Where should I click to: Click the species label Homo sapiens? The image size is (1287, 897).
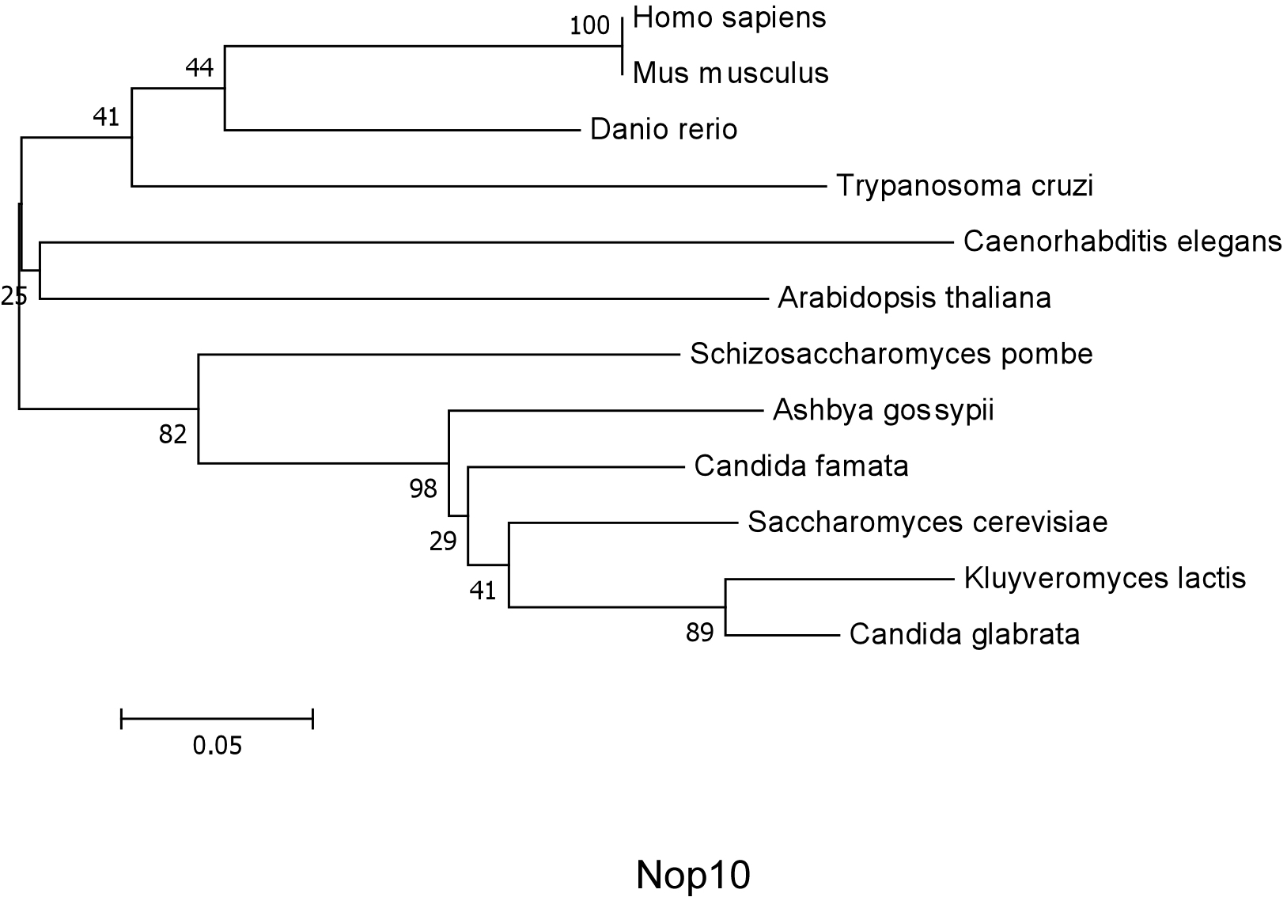[729, 17]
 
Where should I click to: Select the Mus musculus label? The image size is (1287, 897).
[730, 74]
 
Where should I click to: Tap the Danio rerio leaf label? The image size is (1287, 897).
[664, 129]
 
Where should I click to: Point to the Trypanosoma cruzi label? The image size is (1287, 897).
[964, 186]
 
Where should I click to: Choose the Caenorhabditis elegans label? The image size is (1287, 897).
[1122, 241]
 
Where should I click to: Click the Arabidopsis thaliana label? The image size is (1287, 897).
[914, 298]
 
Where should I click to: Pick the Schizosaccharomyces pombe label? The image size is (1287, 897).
[891, 354]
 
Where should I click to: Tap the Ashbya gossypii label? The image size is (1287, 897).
[883, 410]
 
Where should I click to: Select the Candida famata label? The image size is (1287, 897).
[801, 466]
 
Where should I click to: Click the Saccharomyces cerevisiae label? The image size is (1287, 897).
[927, 523]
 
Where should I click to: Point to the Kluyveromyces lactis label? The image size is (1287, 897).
[1104, 579]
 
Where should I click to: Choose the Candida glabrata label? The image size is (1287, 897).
[964, 635]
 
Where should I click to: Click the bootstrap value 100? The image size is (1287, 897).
[590, 26]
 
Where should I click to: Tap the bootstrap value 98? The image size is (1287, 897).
[423, 489]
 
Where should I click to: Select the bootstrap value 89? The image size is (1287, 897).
[699, 633]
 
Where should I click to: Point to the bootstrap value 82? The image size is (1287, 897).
[172, 434]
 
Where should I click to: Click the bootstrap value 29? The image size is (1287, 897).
[443, 542]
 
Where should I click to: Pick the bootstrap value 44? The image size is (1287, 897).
[199, 69]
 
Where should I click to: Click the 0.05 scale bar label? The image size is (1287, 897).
[217, 746]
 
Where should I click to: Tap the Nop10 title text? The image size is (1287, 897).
[692, 875]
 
